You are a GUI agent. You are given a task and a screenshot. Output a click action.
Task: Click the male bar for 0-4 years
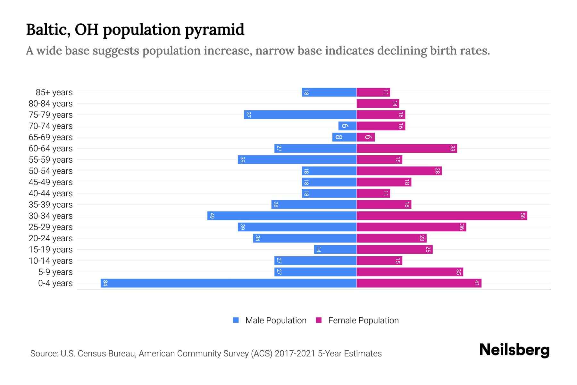pos(228,283)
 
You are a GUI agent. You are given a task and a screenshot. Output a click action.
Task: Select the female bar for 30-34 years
pos(442,216)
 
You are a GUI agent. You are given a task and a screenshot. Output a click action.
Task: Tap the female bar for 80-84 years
pos(378,103)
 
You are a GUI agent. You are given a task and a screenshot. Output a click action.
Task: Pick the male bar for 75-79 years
pos(300,115)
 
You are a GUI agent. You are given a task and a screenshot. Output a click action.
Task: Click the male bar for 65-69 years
pos(344,137)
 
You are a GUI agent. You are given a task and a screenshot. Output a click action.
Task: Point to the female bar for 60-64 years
pos(406,148)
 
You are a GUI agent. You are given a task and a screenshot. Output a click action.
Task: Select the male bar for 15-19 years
pos(335,249)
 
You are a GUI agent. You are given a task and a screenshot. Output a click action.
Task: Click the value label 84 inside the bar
pos(105,283)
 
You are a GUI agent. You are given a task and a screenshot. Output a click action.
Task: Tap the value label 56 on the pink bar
pos(523,216)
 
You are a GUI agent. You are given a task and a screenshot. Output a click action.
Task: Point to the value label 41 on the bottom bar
pos(477,283)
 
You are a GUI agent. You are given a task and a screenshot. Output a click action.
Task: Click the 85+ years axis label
pos(54,92)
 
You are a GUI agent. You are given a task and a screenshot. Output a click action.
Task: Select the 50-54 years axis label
pos(51,171)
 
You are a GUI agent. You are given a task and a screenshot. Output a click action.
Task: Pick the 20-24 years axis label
pos(51,238)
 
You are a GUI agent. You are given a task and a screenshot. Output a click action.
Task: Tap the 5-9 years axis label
pos(55,272)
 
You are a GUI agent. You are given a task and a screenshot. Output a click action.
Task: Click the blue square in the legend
pos(236,320)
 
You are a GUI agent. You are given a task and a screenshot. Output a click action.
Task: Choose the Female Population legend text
pos(363,320)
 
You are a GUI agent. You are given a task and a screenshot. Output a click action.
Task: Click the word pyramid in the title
pos(214,30)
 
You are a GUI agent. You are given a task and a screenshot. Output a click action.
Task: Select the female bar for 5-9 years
pos(410,272)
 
